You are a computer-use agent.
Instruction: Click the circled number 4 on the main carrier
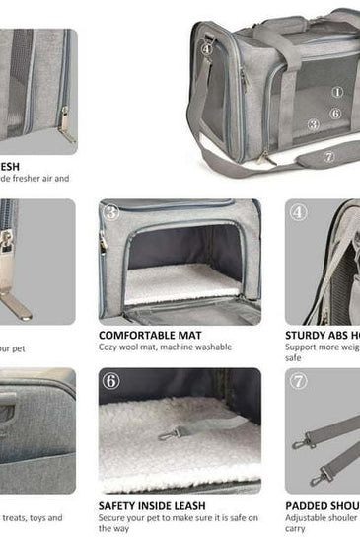(208, 47)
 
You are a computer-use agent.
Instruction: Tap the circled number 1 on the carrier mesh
(337, 92)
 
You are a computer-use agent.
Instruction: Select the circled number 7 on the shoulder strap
(328, 156)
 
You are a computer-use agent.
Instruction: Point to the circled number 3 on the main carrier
(313, 125)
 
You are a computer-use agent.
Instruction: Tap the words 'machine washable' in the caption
(195, 347)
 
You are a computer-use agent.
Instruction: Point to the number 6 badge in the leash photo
(111, 381)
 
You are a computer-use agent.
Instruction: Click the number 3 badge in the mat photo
(111, 212)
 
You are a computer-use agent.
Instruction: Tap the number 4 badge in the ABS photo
(299, 212)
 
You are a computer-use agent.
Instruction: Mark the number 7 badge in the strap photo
(299, 381)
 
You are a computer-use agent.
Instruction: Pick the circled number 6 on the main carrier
(335, 114)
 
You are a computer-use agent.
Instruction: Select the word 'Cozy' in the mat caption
(108, 347)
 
